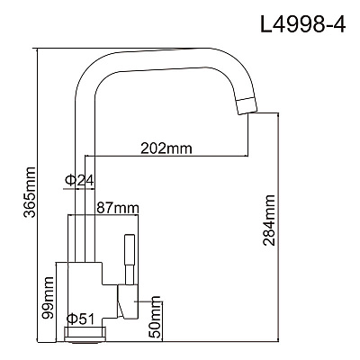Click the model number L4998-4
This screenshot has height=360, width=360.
[x=303, y=23]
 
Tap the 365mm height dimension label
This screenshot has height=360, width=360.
[x=30, y=192]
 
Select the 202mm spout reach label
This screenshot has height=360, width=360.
[x=166, y=148]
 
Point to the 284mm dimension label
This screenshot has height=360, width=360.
[x=269, y=220]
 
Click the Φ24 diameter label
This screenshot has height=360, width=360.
[x=79, y=180]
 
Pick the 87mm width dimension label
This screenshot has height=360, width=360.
[x=118, y=208]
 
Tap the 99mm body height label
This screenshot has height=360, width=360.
[x=48, y=298]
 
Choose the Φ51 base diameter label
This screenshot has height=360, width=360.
[x=80, y=319]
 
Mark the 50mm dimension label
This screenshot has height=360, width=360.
[x=156, y=317]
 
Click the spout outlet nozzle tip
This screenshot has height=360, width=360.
[x=247, y=106]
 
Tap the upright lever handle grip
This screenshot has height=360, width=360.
[x=130, y=249]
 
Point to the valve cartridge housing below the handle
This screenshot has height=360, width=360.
[x=128, y=301]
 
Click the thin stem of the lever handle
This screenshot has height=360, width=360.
[x=130, y=274]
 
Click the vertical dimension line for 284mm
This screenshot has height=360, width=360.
[x=279, y=227]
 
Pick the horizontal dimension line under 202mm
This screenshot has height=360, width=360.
[x=166, y=156]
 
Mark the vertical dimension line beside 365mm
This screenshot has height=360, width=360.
[x=37, y=195]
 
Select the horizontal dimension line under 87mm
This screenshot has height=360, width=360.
[x=103, y=215]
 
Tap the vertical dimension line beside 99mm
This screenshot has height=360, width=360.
[x=57, y=301]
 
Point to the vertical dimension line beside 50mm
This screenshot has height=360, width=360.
[x=162, y=321]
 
